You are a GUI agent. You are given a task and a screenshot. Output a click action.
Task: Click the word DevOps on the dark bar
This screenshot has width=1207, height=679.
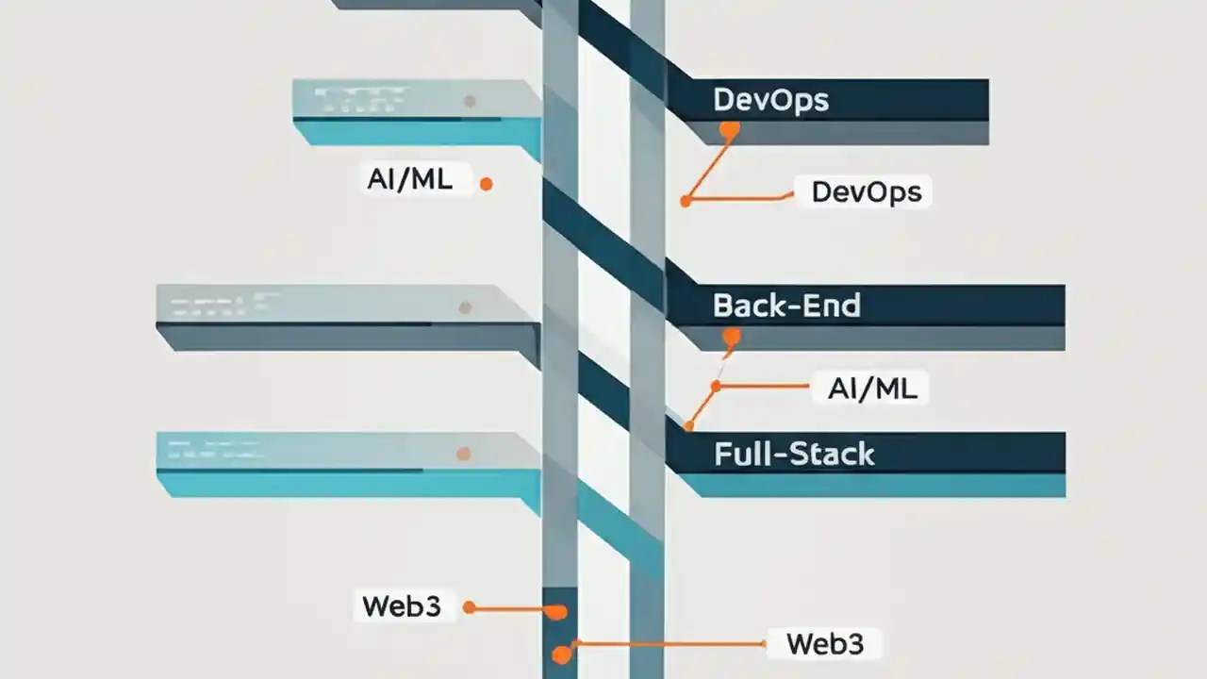pyautogui.click(x=770, y=100)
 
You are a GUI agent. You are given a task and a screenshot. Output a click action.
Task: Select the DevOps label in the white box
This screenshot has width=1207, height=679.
pyautogui.click(x=866, y=192)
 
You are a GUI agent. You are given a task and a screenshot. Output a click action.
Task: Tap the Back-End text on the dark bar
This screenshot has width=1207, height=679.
pyautogui.click(x=786, y=306)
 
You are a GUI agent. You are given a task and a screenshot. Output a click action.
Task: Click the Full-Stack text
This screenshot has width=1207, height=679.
pyautogui.click(x=794, y=455)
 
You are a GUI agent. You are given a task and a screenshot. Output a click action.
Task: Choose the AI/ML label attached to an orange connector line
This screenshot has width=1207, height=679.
pyautogui.click(x=871, y=388)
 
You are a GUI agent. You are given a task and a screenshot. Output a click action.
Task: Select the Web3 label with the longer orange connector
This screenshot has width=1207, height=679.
pyautogui.click(x=824, y=644)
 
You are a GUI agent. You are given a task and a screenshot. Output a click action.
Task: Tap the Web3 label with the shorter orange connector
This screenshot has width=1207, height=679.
pyautogui.click(x=401, y=606)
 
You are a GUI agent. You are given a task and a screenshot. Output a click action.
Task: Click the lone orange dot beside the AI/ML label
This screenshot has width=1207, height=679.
pyautogui.click(x=486, y=185)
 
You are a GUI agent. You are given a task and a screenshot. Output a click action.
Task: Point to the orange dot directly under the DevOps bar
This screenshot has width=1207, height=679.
pyautogui.click(x=727, y=130)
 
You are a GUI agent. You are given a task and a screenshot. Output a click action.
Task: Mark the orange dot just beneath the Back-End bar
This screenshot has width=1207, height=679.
pyautogui.click(x=731, y=336)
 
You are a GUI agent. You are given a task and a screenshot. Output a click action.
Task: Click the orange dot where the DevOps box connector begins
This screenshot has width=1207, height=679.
pyautogui.click(x=686, y=200)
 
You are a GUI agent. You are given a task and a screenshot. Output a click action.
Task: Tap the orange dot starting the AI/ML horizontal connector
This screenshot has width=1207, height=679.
pyautogui.click(x=716, y=386)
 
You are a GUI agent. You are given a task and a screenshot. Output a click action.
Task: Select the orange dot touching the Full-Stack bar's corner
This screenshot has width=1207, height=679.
pyautogui.click(x=688, y=425)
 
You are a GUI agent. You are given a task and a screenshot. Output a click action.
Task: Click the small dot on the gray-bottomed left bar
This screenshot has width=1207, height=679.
pyautogui.click(x=464, y=306)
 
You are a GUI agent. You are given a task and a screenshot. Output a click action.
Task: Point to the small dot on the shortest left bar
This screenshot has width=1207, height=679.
pyautogui.click(x=469, y=101)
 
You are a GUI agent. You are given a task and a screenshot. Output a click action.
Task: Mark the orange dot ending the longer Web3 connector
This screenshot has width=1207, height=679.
pyautogui.click(x=562, y=653)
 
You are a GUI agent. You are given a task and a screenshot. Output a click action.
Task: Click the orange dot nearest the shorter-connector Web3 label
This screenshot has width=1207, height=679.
pyautogui.click(x=469, y=608)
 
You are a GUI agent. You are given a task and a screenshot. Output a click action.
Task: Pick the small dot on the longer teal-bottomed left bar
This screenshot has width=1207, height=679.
pyautogui.click(x=463, y=454)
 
